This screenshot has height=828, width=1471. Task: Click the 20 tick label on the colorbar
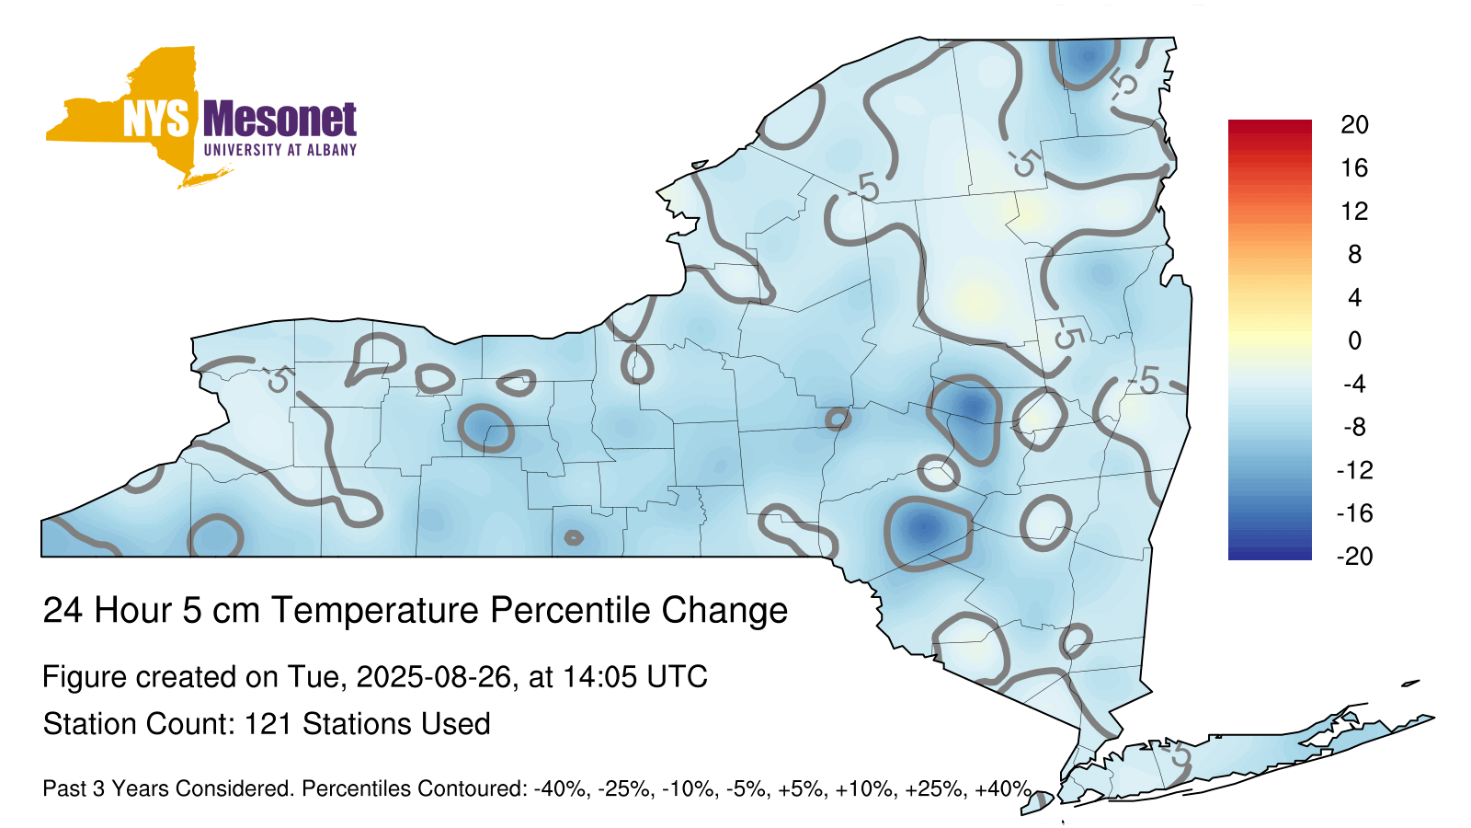click(1354, 125)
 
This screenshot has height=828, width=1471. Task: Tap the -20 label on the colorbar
click(1354, 557)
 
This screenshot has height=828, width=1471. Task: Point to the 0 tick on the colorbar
click(1354, 340)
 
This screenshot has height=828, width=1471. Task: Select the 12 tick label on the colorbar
click(1354, 211)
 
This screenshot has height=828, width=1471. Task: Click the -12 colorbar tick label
click(1354, 470)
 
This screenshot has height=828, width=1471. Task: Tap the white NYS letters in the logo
click(155, 119)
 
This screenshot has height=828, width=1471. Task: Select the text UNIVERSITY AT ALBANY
click(279, 150)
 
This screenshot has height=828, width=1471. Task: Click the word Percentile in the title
click(570, 610)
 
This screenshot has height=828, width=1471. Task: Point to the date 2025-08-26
click(433, 677)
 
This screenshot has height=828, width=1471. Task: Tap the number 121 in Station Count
click(268, 724)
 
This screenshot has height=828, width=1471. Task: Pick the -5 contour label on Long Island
click(1178, 755)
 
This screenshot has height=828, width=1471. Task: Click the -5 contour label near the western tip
click(278, 379)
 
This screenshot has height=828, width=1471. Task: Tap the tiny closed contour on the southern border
click(574, 538)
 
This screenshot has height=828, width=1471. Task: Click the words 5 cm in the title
click(221, 610)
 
